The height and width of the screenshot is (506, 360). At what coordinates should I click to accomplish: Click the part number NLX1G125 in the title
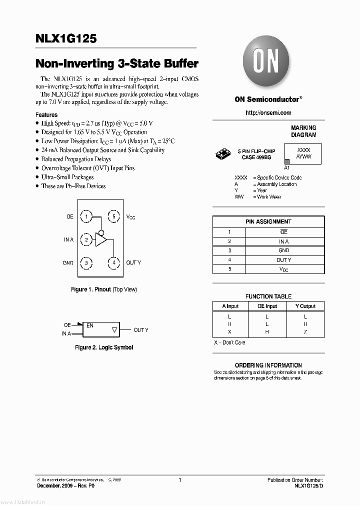(x=66, y=38)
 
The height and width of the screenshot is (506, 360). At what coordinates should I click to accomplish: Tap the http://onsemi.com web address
(x=268, y=113)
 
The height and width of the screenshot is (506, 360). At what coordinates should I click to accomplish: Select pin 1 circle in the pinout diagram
(x=86, y=216)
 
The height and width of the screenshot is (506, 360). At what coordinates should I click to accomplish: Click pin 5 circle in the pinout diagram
(x=114, y=216)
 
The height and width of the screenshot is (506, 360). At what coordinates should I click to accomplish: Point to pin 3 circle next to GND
(x=86, y=262)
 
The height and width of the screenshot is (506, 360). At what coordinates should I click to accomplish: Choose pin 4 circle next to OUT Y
(x=114, y=262)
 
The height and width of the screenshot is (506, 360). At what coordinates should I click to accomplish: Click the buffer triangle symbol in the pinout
(x=101, y=240)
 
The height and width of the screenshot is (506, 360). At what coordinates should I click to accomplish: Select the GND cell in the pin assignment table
(x=283, y=250)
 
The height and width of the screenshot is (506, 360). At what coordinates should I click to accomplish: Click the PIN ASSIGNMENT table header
(x=268, y=221)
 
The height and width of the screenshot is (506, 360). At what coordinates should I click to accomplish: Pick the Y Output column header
(x=305, y=306)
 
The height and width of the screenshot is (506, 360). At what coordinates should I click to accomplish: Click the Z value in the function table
(x=305, y=331)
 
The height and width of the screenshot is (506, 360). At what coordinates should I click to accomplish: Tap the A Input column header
(x=230, y=306)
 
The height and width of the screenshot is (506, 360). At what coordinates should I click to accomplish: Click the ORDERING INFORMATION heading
(x=268, y=365)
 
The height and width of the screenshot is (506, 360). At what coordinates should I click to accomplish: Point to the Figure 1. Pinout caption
(x=103, y=289)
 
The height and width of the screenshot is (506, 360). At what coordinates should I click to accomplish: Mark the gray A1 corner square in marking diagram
(x=287, y=161)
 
